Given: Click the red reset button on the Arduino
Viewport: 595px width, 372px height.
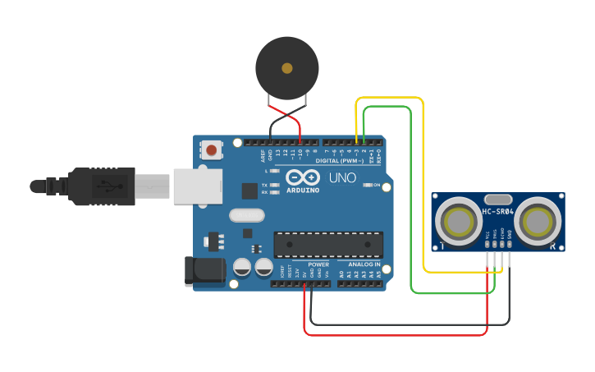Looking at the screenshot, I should tap(212, 150).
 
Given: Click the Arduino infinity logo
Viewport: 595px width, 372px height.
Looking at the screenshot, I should tap(301, 177).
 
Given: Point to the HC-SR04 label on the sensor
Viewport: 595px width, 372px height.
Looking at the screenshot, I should tap(497, 212).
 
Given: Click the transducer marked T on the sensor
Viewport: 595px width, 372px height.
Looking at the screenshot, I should tap(456, 221).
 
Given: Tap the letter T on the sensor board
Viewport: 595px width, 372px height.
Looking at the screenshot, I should tap(442, 246).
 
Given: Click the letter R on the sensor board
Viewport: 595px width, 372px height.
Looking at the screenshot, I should tap(555, 246).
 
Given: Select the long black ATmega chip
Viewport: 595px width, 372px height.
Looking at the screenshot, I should tap(328, 244).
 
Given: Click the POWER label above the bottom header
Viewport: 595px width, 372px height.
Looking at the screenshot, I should tap(318, 264).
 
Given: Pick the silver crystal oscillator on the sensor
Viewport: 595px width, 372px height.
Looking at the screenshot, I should tap(498, 199).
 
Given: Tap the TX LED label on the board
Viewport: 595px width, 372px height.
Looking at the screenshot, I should tap(264, 186).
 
